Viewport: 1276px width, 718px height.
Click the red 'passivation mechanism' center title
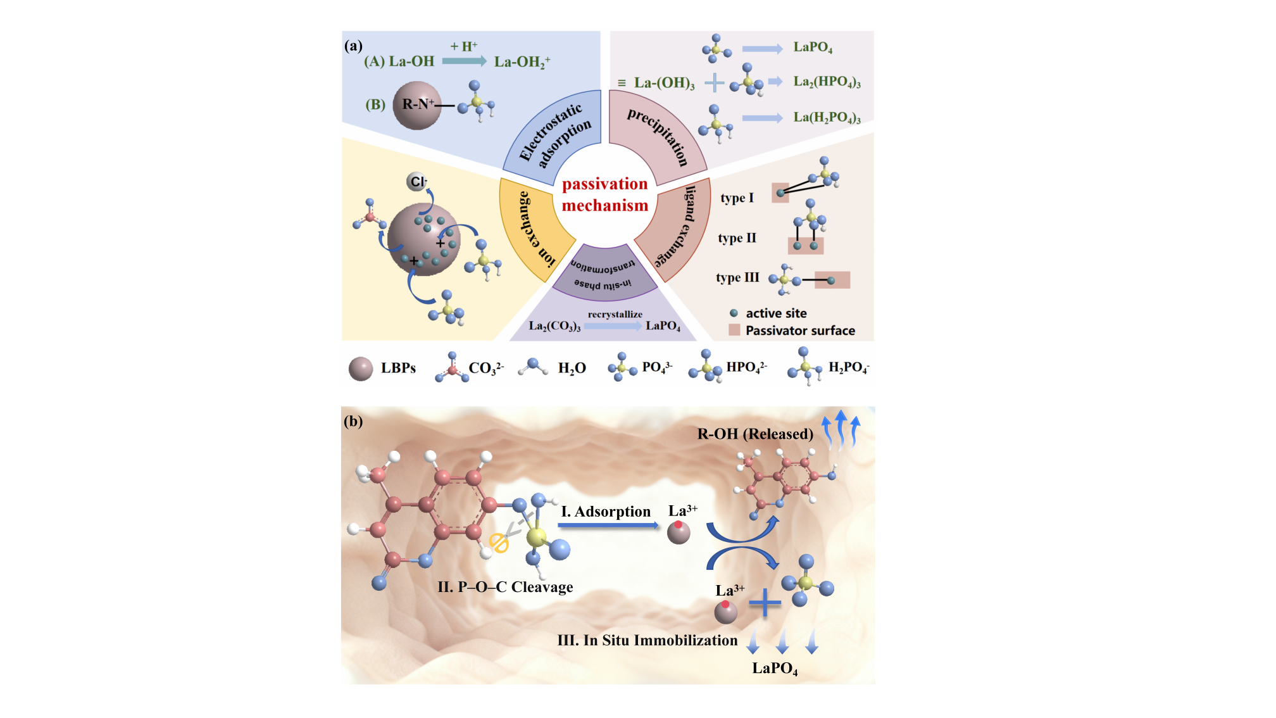[x=604, y=194]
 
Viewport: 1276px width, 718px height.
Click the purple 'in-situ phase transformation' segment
[x=604, y=274]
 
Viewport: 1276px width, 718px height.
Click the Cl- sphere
[x=416, y=182]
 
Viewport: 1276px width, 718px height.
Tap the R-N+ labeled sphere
[x=417, y=105]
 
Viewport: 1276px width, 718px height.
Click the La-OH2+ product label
[x=522, y=62]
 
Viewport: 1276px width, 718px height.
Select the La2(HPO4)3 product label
[x=827, y=82]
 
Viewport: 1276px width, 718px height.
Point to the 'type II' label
[x=737, y=238]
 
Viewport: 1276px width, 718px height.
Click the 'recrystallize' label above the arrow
[x=615, y=314]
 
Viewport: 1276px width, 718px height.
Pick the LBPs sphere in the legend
[x=361, y=368]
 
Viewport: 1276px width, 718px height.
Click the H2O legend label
[x=572, y=368]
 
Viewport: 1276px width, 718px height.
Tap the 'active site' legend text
[x=776, y=313]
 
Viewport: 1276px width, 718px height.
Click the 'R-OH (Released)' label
[x=755, y=434]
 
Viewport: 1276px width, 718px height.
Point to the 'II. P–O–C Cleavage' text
[x=505, y=587]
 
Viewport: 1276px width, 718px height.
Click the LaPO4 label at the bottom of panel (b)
[x=775, y=669]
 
